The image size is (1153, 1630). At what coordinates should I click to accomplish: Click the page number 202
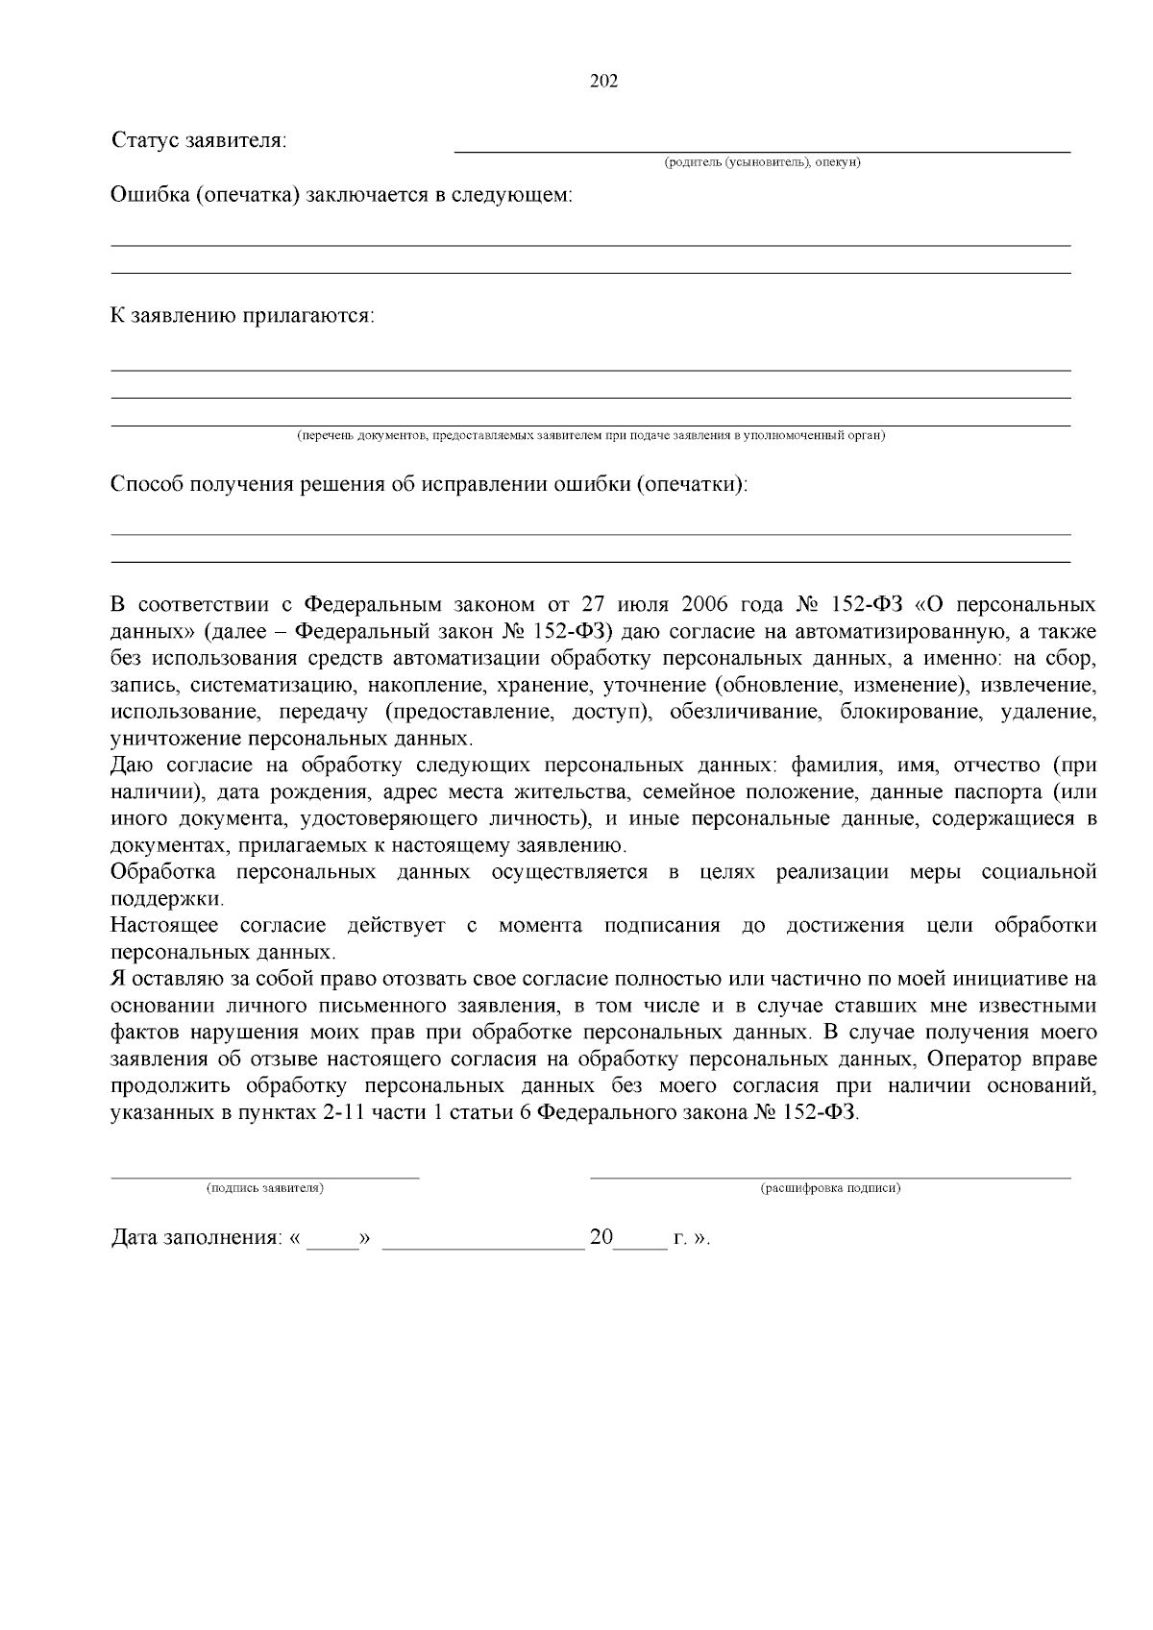(602, 81)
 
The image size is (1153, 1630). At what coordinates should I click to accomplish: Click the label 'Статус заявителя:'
(200, 140)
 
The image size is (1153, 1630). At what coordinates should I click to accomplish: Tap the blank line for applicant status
(761, 150)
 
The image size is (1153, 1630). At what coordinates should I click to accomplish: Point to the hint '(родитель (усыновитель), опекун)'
(762, 161)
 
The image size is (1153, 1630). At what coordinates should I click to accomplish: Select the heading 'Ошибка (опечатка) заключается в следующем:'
(341, 195)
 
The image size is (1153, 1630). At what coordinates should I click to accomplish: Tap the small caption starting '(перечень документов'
(590, 436)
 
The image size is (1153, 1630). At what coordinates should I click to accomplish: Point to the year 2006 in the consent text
(705, 605)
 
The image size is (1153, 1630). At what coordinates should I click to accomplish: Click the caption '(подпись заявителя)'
(264, 1188)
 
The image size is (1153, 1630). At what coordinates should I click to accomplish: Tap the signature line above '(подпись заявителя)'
(264, 1176)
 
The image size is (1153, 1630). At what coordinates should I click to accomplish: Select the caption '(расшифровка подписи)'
(830, 1188)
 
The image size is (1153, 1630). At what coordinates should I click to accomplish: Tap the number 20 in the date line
(601, 1237)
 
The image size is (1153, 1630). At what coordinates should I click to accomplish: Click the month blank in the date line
(482, 1245)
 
